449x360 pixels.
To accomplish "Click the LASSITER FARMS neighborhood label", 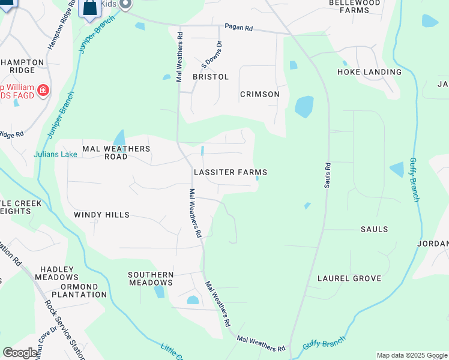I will click(x=230, y=172).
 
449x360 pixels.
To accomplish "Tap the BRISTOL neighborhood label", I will click(x=211, y=77).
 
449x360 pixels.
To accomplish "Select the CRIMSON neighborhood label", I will click(x=259, y=94).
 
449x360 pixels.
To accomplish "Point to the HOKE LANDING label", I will click(x=369, y=72).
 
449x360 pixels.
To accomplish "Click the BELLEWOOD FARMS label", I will click(x=355, y=7).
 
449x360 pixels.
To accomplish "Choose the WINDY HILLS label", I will click(x=101, y=215).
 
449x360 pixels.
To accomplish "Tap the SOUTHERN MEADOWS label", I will click(x=151, y=278).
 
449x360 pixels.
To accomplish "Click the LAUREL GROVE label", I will click(x=349, y=278).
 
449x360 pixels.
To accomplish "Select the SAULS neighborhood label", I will click(x=374, y=229).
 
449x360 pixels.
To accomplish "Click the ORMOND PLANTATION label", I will click(x=79, y=290).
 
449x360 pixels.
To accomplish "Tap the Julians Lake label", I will click(x=55, y=154).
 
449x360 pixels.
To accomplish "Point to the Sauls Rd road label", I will click(x=328, y=174).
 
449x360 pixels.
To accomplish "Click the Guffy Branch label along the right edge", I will click(x=414, y=179).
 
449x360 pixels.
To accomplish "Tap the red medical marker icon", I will click(x=43, y=91).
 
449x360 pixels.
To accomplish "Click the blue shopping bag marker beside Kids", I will click(x=89, y=8).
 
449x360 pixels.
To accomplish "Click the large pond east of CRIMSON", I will click(x=304, y=107).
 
